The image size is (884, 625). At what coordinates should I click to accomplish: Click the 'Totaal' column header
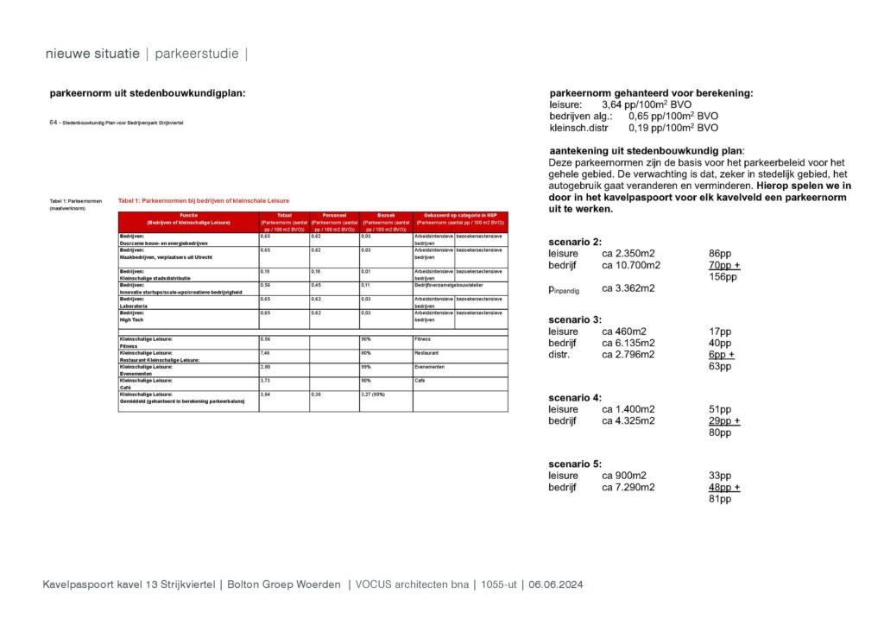pyautogui.click(x=284, y=215)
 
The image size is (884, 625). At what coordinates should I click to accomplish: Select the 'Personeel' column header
pyautogui.click(x=333, y=215)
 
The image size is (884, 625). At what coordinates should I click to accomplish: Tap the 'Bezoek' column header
pyautogui.click(x=385, y=215)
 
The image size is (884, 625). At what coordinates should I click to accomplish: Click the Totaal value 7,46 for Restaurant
pyautogui.click(x=265, y=353)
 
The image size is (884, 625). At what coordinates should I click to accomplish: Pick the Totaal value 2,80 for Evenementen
pyautogui.click(x=265, y=367)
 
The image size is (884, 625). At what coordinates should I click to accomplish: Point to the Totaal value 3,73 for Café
pyautogui.click(x=265, y=381)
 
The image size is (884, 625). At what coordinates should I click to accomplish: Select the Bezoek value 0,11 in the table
pyautogui.click(x=366, y=284)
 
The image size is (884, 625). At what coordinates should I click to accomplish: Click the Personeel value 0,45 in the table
pyautogui.click(x=316, y=284)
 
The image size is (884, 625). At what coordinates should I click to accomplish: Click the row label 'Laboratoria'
pyautogui.click(x=136, y=305)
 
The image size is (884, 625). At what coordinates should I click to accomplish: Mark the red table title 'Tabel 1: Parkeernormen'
pyautogui.click(x=204, y=200)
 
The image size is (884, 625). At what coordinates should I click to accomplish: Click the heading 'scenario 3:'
pyautogui.click(x=575, y=319)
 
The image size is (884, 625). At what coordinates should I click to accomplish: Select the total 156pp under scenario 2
pyautogui.click(x=722, y=277)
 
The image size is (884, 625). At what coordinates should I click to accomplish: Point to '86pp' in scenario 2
pyautogui.click(x=720, y=254)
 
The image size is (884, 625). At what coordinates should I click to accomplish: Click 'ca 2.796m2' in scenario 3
pyautogui.click(x=628, y=355)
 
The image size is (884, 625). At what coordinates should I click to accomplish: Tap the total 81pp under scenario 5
pyautogui.click(x=719, y=499)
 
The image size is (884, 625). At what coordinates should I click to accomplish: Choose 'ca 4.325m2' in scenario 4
pyautogui.click(x=628, y=421)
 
